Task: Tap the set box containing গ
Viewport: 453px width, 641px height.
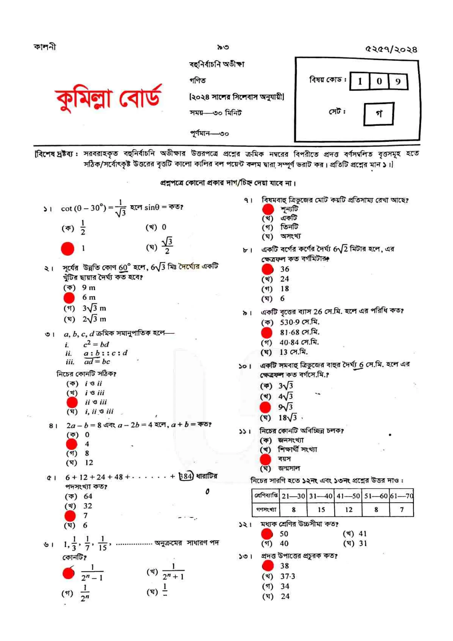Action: (378, 114)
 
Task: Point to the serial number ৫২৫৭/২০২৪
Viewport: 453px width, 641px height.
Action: (391, 49)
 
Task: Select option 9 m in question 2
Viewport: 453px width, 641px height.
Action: (88, 288)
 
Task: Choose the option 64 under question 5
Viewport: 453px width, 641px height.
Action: (88, 496)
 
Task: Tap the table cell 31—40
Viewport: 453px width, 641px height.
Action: (321, 496)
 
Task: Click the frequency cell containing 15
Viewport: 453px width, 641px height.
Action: (321, 510)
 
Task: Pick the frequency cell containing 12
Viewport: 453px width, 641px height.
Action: (348, 510)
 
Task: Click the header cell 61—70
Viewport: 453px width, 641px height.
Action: (401, 496)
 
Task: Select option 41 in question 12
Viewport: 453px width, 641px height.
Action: (362, 534)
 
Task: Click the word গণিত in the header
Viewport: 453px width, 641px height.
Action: (198, 81)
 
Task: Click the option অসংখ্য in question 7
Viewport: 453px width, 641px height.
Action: (290, 236)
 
